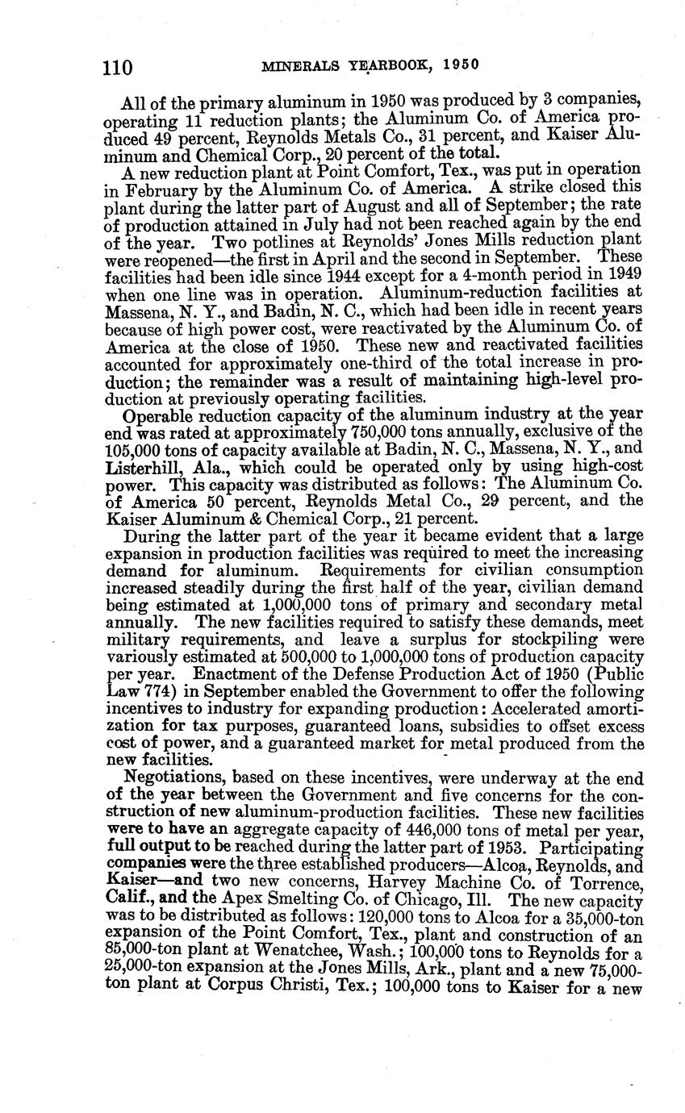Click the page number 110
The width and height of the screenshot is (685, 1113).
[119, 67]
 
